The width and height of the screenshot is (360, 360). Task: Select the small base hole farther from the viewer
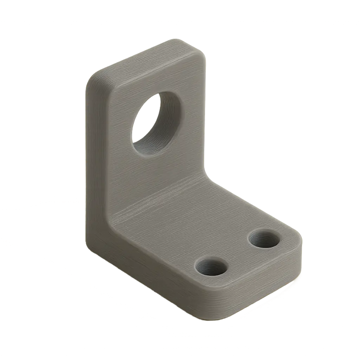pos(265,240)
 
